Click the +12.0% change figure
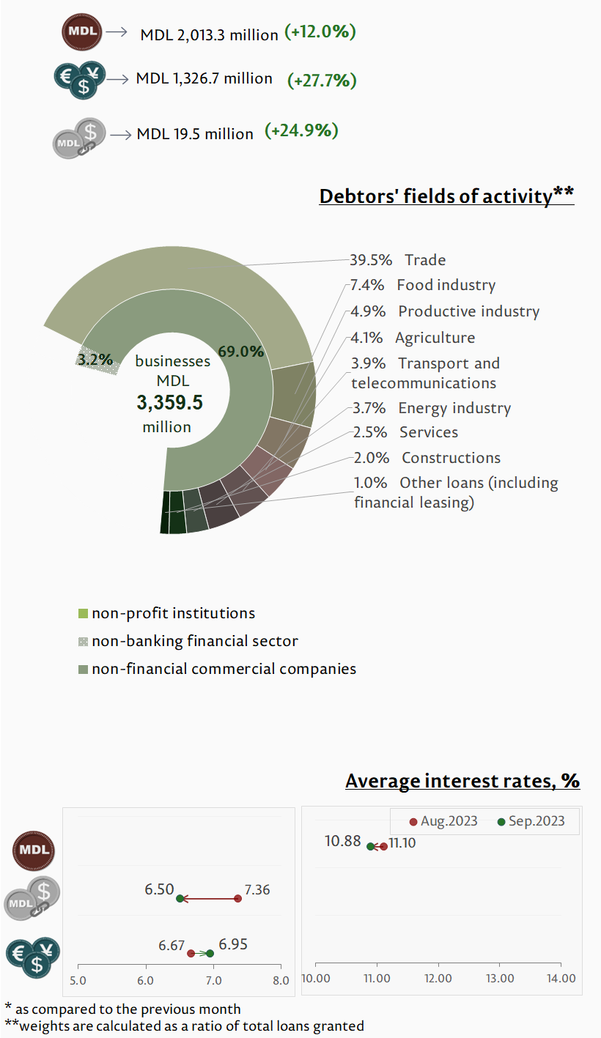[x=320, y=32]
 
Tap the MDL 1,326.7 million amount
[x=204, y=78]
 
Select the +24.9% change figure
[x=301, y=131]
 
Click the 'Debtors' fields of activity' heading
[x=446, y=196]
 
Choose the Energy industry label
[x=454, y=408]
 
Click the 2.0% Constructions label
[x=427, y=458]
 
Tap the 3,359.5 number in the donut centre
[x=169, y=403]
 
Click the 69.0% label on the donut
[x=241, y=352]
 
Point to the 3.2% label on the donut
[x=95, y=359]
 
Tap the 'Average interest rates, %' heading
[x=462, y=781]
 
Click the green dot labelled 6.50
[x=180, y=898]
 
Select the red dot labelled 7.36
[x=238, y=898]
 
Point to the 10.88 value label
[x=343, y=842]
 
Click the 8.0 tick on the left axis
[x=280, y=979]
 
